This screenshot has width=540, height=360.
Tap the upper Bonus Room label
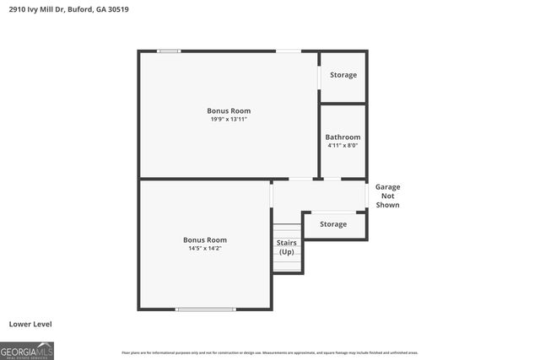tap(229, 110)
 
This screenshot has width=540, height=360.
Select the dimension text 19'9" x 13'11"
tap(229, 120)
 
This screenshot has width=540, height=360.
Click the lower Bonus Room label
tap(205, 239)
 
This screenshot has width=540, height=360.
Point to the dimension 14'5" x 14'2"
tap(205, 249)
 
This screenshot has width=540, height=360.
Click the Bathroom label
tap(343, 137)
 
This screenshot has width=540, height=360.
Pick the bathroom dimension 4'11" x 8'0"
tap(343, 145)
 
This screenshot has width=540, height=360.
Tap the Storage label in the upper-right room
tap(343, 75)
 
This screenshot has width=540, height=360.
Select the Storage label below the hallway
tap(333, 224)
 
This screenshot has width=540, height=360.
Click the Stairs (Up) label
tap(287, 247)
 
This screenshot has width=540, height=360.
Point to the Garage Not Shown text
tap(387, 196)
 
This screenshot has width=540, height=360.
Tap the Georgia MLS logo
tap(27, 350)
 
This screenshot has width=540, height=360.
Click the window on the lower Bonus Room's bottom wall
tap(205, 309)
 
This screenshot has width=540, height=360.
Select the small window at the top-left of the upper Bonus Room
tap(169, 51)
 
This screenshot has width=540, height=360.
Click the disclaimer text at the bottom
tap(270, 352)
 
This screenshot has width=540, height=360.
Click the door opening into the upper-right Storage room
tap(319, 76)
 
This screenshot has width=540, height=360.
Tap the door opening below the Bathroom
tap(332, 179)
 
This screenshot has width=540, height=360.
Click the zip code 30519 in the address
tap(118, 9)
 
